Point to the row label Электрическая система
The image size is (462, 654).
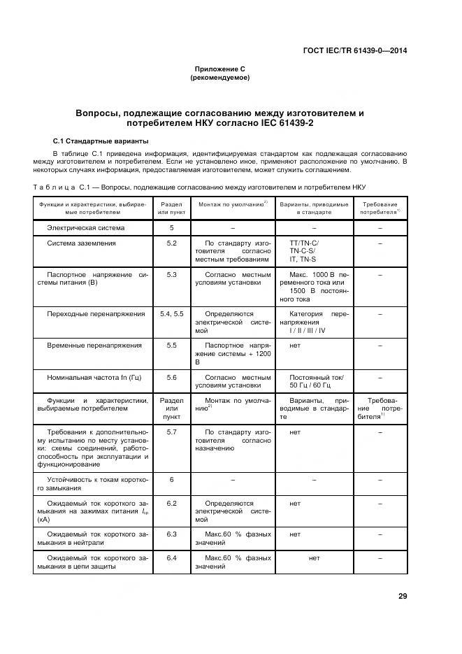(85, 228)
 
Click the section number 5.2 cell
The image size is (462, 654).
(171, 243)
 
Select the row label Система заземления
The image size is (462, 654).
(81, 243)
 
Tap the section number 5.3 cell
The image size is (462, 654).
(171, 275)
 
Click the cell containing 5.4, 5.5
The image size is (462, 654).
(171, 314)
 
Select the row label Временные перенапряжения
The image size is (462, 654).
(94, 346)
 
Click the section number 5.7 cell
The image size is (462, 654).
(171, 433)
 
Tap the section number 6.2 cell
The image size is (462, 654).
(171, 503)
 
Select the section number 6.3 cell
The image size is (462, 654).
(171, 534)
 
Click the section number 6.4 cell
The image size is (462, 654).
(171, 558)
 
